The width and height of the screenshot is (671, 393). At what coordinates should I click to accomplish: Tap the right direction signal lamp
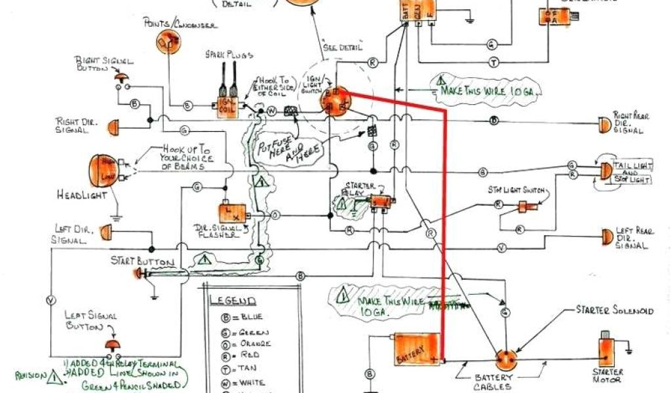(112, 124)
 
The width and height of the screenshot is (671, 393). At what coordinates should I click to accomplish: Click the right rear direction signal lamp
(603, 122)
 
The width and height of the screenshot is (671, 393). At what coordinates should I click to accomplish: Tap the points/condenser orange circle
(167, 41)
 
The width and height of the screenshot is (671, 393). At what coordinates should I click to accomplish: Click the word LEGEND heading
(233, 301)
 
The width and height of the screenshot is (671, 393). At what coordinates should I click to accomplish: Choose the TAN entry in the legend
(239, 369)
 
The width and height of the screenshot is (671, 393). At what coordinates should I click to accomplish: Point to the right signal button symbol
(122, 78)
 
